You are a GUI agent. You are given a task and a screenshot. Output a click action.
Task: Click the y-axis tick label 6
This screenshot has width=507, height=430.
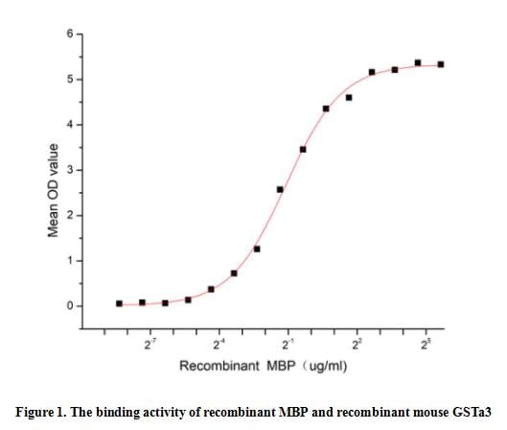coord(69,35)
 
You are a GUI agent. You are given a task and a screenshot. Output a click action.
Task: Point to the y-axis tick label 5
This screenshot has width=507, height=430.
coord(69,80)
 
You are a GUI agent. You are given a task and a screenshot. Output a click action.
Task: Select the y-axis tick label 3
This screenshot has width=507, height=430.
coord(69,170)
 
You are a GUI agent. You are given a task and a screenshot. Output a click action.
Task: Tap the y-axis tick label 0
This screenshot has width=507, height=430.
coord(69,306)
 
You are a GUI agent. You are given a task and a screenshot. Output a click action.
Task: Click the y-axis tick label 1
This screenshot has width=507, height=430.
coord(69,261)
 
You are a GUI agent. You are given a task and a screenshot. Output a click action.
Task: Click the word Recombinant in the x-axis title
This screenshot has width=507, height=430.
coord(213,366)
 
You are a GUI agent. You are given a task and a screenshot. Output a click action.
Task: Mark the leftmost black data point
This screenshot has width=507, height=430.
coord(119,303)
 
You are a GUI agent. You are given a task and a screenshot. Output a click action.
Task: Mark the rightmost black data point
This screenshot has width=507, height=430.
coord(441,64)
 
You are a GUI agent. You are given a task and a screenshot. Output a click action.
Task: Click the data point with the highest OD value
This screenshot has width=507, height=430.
coord(418,62)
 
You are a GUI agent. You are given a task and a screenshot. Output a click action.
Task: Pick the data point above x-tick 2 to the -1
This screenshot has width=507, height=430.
coord(280,189)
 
